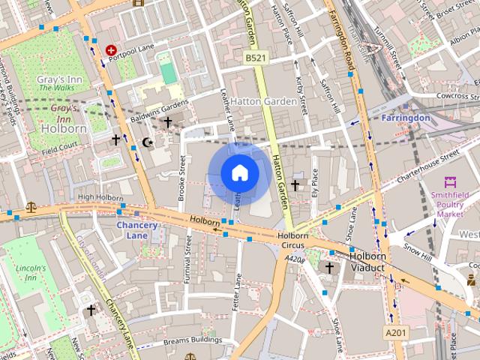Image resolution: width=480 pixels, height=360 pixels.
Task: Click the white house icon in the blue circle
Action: (x=240, y=172)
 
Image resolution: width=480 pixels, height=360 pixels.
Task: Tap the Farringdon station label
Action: (x=405, y=118)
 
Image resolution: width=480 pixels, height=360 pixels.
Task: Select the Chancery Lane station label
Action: (x=137, y=230)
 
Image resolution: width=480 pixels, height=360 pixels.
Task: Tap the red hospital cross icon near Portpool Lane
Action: (x=111, y=49)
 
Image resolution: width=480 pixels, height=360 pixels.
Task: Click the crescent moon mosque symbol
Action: (x=147, y=141)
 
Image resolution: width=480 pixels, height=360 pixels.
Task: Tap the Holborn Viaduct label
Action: (x=367, y=261)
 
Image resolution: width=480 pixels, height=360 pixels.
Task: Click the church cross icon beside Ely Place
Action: (x=295, y=184)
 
